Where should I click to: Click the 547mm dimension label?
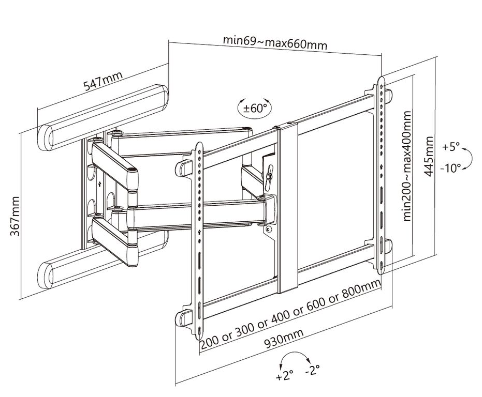104,82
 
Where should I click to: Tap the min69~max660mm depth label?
275,42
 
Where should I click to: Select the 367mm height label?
16,216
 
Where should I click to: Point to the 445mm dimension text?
429,156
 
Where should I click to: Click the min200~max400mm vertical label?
408,165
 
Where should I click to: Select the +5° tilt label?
451,147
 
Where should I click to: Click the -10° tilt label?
451,169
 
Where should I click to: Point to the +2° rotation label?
285,376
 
